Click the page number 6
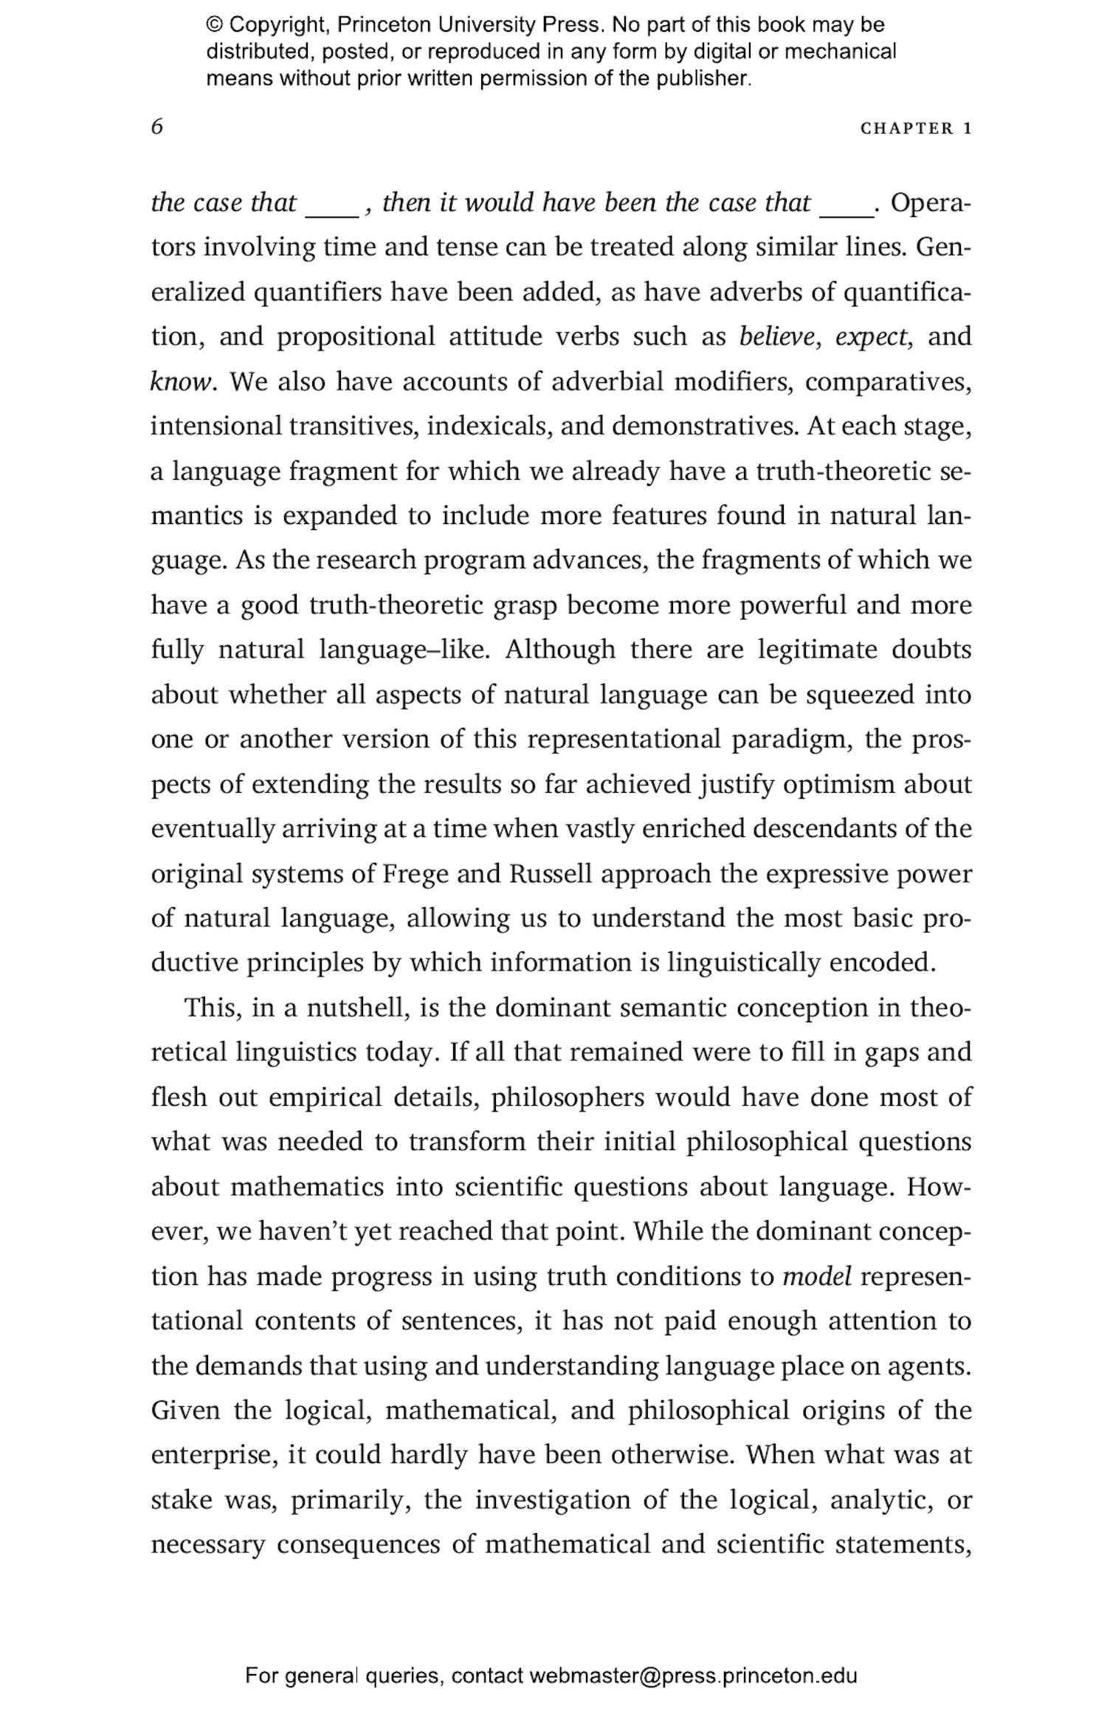pyautogui.click(x=156, y=127)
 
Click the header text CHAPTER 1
pyautogui.click(x=916, y=128)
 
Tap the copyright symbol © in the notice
pyautogui.click(x=213, y=25)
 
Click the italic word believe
pyautogui.click(x=777, y=337)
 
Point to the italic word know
pyautogui.click(x=182, y=382)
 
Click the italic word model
pyautogui.click(x=817, y=1276)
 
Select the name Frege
pyautogui.click(x=415, y=873)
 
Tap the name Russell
pyautogui.click(x=551, y=873)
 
